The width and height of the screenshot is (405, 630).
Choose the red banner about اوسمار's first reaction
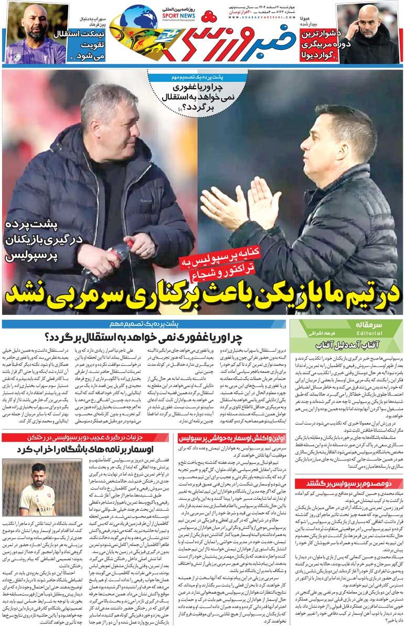click(232, 437)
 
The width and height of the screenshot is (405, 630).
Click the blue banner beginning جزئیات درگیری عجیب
click(87, 437)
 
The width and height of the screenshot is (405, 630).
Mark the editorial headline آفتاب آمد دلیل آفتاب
click(348, 345)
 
